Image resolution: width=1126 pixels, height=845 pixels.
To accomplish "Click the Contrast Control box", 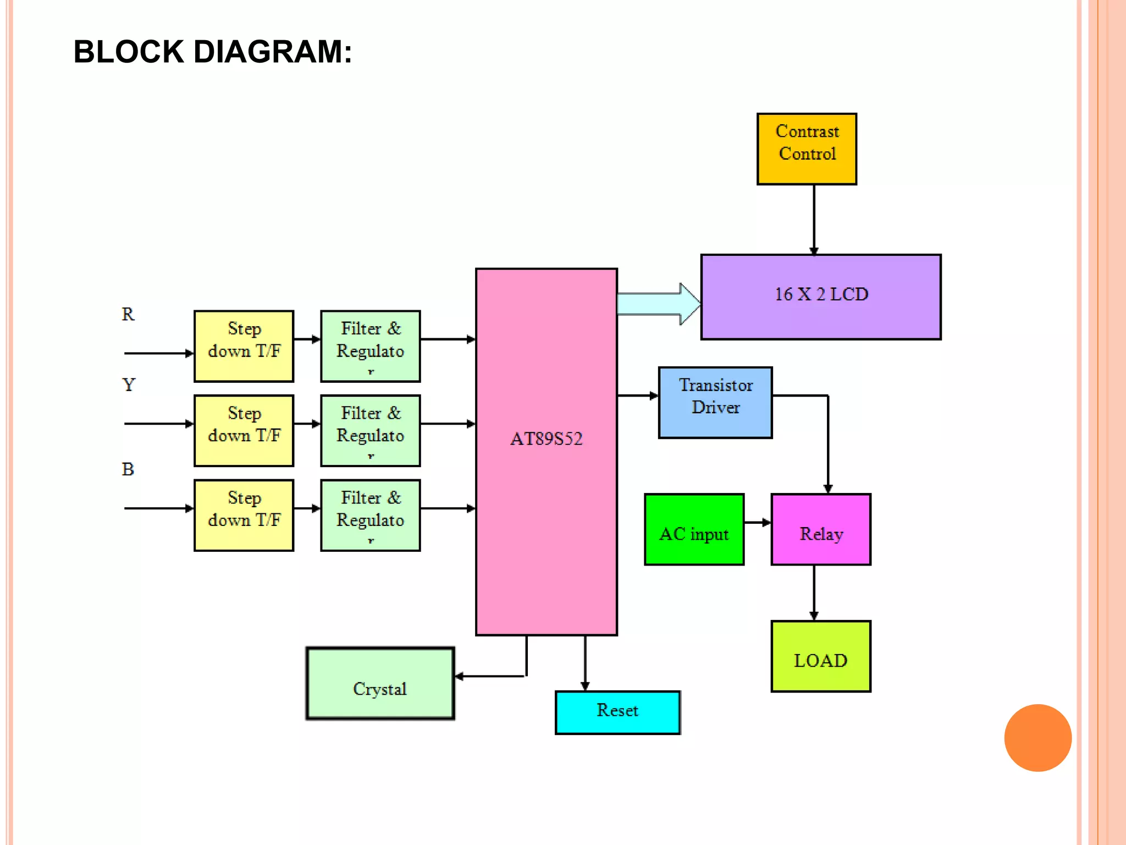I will pos(807,149).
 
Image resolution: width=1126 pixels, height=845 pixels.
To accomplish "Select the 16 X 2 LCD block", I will pos(821,297).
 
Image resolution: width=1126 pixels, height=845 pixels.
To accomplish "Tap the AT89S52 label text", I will pos(546,438).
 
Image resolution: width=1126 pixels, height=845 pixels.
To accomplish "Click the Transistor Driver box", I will pos(715,402).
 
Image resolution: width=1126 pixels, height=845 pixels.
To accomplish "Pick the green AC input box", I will pos(694,529).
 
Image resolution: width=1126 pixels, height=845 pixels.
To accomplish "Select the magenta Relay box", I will pos(821,529).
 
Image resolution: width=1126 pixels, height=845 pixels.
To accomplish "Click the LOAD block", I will pos(821,656).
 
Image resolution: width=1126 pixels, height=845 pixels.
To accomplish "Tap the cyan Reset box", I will pos(617,712).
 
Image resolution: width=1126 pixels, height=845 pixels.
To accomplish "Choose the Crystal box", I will pos(380,683).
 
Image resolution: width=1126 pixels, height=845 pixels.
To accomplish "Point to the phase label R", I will pos(128,314).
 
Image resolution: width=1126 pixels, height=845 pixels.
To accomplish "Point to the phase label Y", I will pos(129,385).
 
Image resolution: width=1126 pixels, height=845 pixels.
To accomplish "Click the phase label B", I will pos(128,469).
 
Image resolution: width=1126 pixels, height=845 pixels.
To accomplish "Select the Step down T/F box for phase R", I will pos(244,346).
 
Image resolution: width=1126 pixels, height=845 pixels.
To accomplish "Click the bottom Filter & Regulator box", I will pos(371,515).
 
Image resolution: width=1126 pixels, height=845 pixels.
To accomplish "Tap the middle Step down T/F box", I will pos(244,431).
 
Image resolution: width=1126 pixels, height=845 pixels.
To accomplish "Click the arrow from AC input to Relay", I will pos(758,523).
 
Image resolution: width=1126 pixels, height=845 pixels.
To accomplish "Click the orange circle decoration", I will pos(1037,738).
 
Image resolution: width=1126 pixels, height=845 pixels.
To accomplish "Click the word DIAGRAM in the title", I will pos(272,52).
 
